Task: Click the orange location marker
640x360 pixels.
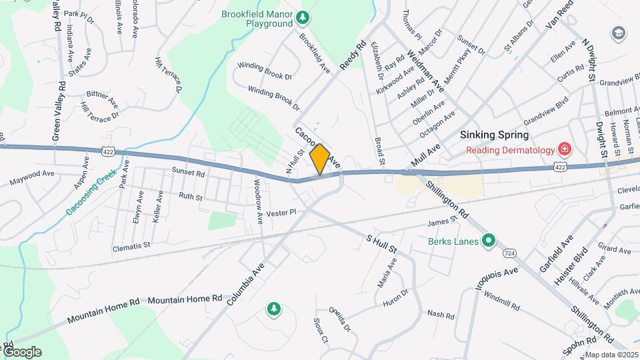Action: (320, 159)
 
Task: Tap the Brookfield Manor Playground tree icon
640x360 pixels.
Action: (303, 16)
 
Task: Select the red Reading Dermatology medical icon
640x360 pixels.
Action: (564, 149)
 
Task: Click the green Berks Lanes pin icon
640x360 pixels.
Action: (489, 241)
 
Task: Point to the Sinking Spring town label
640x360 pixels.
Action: (495, 135)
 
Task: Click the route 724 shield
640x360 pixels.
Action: (509, 254)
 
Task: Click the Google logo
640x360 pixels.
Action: (22, 351)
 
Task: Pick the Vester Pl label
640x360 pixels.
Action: (280, 213)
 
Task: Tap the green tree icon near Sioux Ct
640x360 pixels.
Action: (273, 309)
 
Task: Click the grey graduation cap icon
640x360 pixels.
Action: (619, 33)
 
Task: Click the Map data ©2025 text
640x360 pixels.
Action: (611, 355)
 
